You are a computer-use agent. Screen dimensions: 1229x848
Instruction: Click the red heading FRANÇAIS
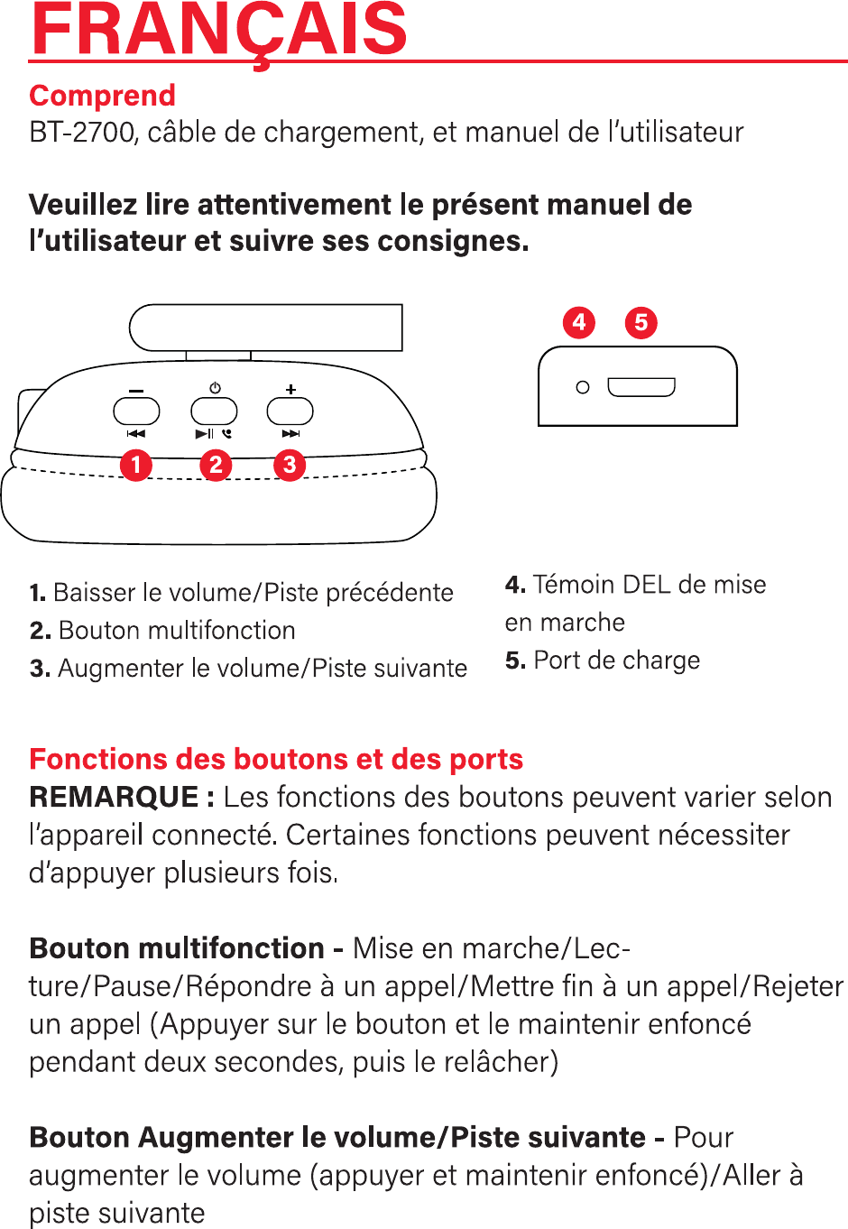[x=219, y=30]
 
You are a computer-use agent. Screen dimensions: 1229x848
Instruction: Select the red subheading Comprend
[x=102, y=96]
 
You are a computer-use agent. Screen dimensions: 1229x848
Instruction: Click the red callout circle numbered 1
[x=136, y=465]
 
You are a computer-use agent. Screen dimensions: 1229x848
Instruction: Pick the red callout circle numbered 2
[x=216, y=465]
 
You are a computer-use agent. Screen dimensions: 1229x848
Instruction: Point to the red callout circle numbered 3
[x=290, y=465]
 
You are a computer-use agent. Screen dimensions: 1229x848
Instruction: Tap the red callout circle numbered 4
[x=579, y=322]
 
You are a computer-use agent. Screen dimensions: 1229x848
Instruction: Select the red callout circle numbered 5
[x=641, y=322]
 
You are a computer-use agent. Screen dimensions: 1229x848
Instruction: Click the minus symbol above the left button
[x=136, y=391]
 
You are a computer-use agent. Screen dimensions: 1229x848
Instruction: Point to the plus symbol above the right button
[x=290, y=390]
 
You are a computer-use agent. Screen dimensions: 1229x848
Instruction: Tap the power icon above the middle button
[x=215, y=388]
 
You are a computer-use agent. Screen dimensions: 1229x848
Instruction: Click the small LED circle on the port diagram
[x=583, y=387]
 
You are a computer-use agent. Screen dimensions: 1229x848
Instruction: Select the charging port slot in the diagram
[x=641, y=387]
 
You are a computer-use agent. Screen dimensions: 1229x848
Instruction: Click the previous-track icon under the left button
[x=136, y=434]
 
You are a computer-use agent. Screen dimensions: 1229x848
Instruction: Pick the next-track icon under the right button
[x=290, y=434]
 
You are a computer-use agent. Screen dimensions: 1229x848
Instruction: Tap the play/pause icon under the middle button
[x=205, y=434]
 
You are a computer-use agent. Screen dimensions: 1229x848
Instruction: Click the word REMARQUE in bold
[x=114, y=798]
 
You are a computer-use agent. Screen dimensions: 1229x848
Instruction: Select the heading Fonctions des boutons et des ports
[x=276, y=760]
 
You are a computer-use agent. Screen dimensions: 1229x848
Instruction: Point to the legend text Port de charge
[x=616, y=661]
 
